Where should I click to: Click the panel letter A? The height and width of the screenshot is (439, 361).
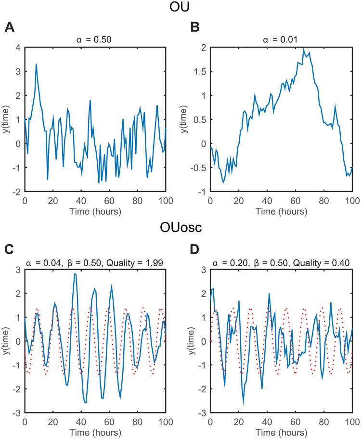(9, 27)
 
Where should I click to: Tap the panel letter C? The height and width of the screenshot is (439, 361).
(9, 250)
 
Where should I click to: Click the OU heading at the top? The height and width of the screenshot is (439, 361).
(180, 8)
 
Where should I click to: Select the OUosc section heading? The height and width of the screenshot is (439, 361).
(180, 229)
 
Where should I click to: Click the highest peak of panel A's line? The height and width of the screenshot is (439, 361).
(36, 64)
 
